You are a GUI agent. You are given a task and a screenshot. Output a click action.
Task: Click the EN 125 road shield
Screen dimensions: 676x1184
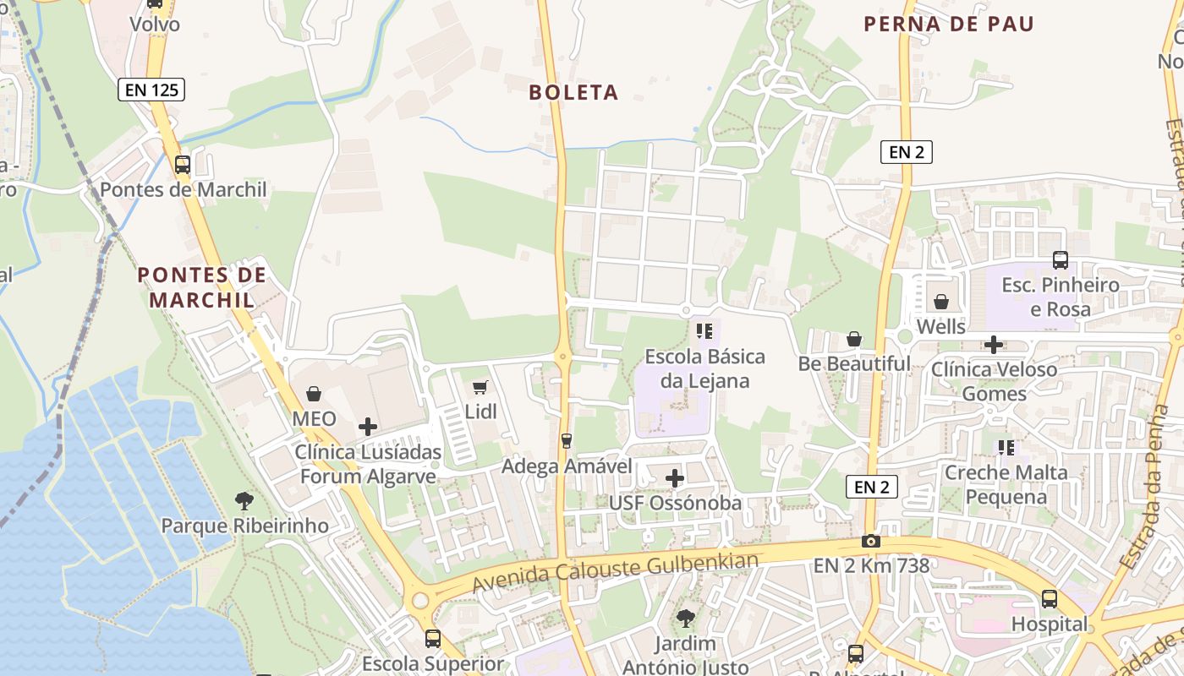151,90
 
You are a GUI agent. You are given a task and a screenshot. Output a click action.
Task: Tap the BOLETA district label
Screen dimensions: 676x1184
573,92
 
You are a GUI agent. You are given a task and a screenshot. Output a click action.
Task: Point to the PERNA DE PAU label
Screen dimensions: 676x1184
949,24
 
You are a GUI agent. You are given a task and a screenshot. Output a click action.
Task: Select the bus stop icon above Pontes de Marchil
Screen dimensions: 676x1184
183,165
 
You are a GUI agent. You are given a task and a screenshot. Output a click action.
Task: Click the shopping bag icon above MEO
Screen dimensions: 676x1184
314,394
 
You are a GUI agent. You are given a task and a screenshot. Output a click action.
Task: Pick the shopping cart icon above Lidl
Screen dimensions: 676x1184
480,387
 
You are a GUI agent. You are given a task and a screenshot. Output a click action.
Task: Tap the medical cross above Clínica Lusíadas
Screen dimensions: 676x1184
368,427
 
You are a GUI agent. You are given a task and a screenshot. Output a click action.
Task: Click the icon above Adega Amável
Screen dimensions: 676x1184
567,440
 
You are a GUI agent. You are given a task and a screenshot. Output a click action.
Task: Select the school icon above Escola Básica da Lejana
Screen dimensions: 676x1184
704,330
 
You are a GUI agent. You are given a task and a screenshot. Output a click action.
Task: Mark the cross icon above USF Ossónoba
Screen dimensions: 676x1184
675,478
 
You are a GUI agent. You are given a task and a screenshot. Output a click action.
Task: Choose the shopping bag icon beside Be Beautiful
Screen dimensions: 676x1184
854,339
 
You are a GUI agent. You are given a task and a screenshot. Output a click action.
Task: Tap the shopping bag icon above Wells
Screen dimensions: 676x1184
940,302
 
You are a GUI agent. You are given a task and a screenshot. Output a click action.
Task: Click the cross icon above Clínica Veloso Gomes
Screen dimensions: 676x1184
994,344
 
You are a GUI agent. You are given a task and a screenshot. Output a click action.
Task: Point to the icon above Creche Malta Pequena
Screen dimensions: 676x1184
1006,447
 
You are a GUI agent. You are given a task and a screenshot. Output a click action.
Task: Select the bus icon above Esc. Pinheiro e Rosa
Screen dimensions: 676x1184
1060,260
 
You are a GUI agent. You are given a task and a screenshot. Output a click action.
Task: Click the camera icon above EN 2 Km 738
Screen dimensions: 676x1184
871,541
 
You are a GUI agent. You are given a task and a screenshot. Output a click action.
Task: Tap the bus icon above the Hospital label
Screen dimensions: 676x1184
1050,599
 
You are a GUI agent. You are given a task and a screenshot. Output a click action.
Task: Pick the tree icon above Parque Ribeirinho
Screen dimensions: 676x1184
244,500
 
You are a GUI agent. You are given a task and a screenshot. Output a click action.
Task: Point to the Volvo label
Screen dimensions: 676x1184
155,25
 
